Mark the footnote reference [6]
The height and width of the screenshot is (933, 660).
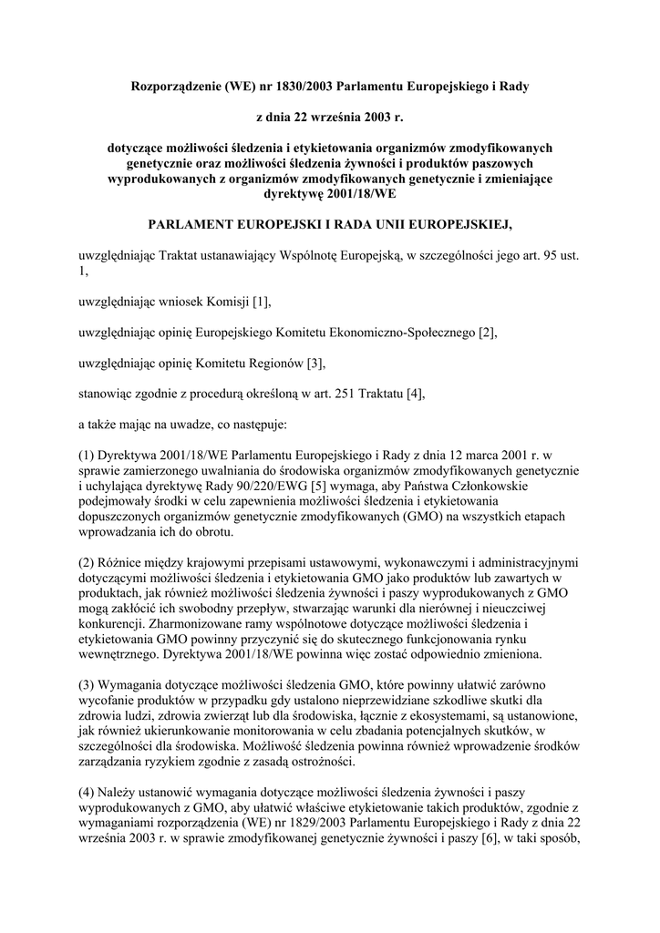[490, 841]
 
